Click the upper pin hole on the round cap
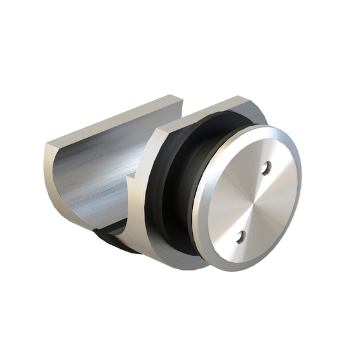pyautogui.click(x=267, y=168)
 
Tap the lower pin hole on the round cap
pyautogui.click(x=241, y=237)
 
